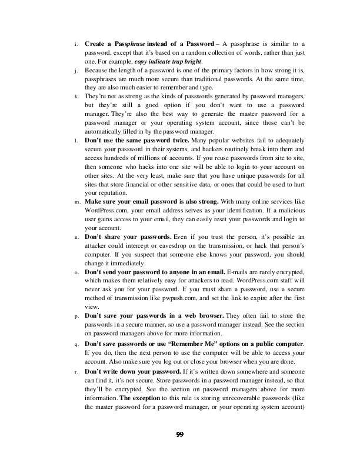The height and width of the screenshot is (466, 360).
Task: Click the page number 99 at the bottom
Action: coord(180,435)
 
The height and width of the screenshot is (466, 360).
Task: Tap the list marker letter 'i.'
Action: coord(75,45)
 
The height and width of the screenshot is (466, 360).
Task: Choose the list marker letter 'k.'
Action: coord(76,96)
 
